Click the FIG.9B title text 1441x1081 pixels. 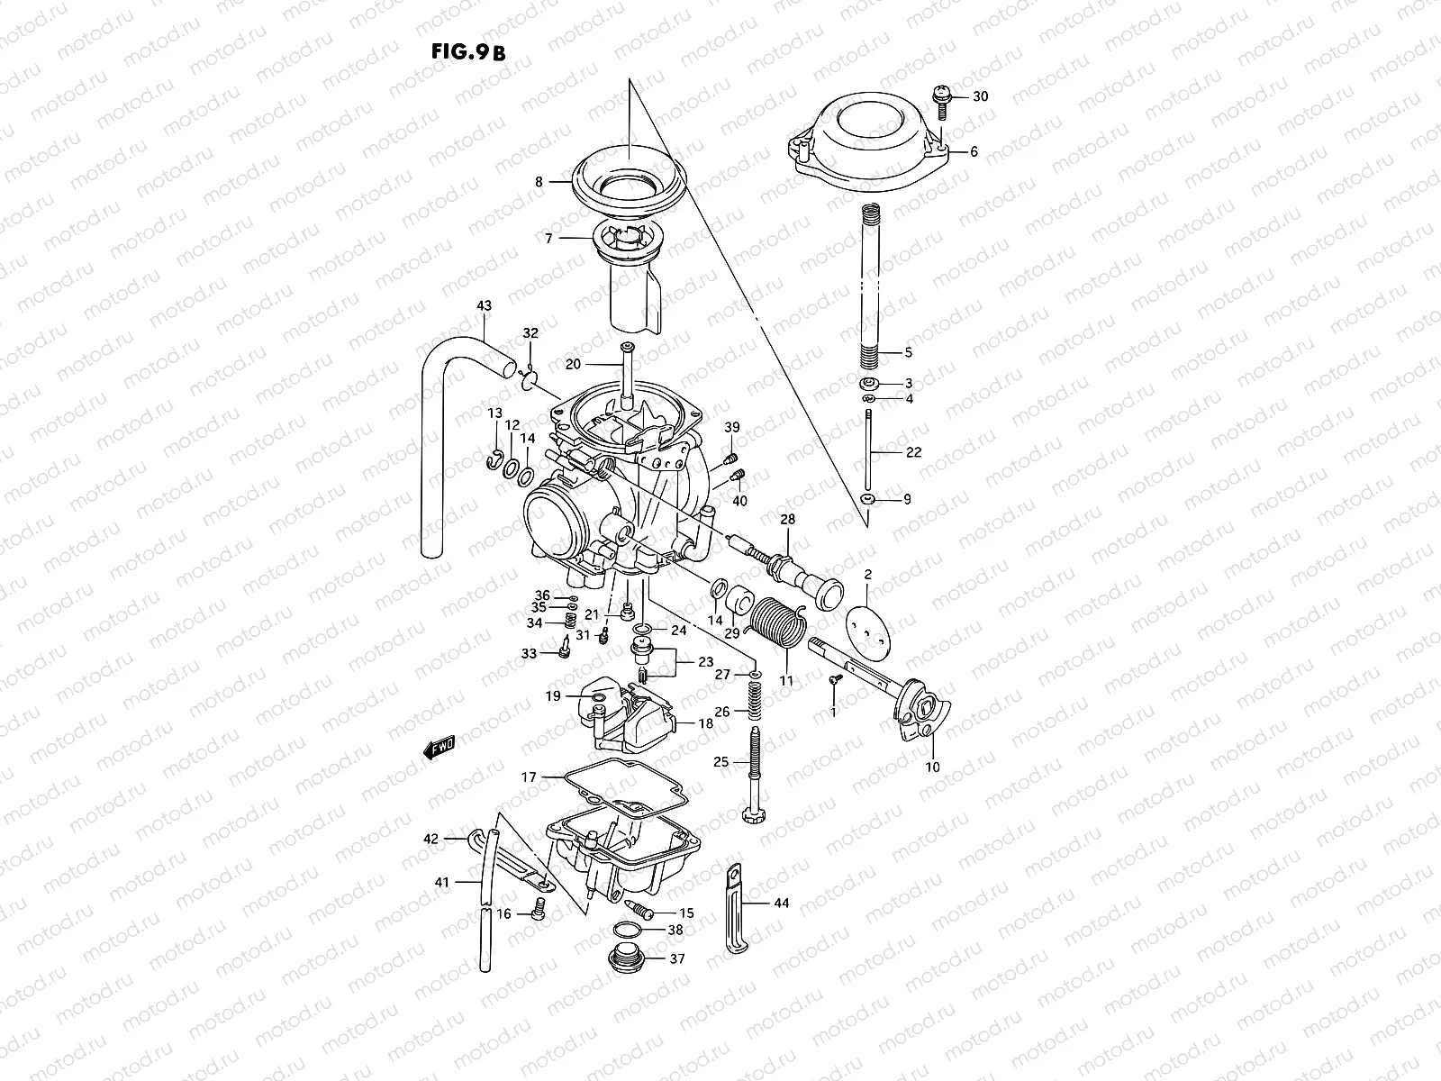tap(468, 51)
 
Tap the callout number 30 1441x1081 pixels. tap(980, 96)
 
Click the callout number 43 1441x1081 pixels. tap(484, 305)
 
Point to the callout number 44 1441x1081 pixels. tap(781, 902)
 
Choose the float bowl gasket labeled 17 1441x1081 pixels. tap(621, 785)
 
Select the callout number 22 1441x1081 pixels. tap(913, 452)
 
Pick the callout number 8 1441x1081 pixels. tap(539, 182)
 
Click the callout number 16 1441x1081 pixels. tap(503, 913)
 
